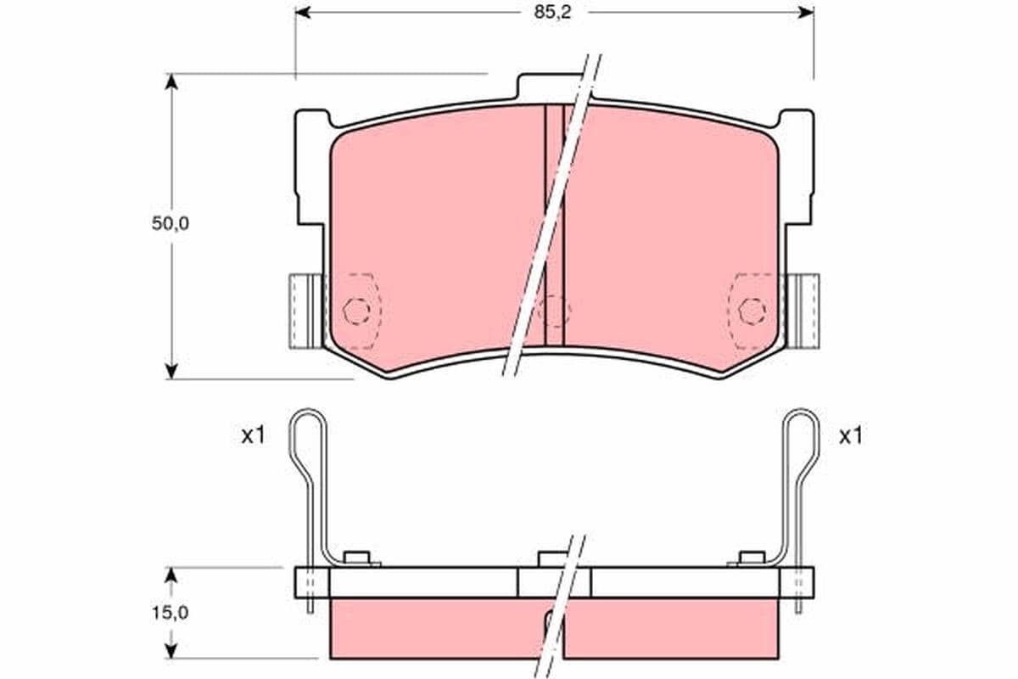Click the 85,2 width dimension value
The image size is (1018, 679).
pos(552,13)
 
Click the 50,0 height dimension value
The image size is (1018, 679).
pos(171,223)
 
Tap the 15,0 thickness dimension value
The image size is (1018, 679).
pos(171,613)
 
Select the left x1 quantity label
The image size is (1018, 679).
pos(253,436)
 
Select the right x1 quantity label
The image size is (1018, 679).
pos(850,436)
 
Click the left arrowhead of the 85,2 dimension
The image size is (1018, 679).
pos(303,12)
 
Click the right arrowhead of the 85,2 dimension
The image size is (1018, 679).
pos(806,12)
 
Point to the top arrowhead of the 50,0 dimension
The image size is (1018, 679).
pos(171,81)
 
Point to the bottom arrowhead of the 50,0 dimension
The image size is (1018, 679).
pos(171,371)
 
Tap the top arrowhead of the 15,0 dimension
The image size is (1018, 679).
pos(171,575)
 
